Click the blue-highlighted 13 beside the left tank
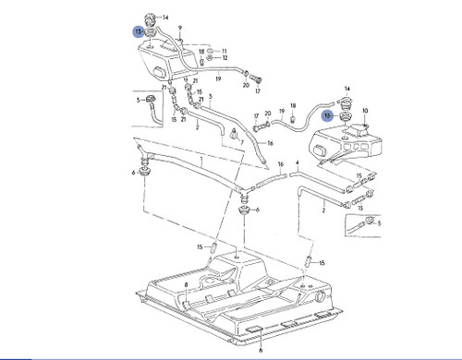coord(139,31)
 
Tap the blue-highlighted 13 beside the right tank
coord(327,115)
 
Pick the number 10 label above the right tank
coord(366,111)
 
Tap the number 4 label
coord(297,162)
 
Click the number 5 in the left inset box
coord(138,99)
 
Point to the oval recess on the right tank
coord(359,146)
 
